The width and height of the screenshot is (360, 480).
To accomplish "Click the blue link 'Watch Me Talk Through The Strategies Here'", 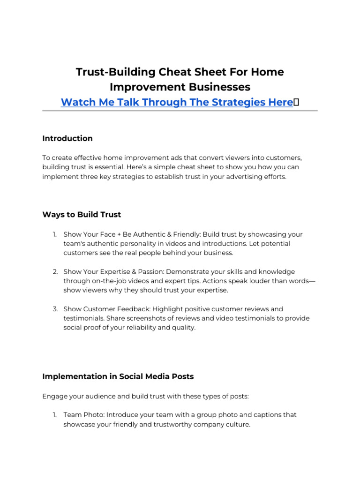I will coord(177,102).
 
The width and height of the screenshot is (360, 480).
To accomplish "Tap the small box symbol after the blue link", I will coord(296,102).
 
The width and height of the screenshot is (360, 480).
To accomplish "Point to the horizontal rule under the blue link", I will coord(180,111).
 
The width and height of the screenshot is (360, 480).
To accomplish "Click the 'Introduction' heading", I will coord(67,138).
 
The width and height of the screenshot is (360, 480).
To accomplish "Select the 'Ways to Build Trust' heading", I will coord(82,214).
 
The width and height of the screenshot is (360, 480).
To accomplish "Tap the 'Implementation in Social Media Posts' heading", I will coord(118,376).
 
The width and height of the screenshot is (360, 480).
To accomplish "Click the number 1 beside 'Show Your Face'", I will coord(54,234).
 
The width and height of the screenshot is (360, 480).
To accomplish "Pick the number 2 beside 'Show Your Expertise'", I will coord(54,272).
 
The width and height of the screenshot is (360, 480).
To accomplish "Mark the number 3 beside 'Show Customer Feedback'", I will coord(54,309).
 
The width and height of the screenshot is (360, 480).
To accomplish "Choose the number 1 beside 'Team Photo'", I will coord(54,415).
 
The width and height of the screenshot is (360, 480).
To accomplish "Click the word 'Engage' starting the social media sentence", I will coord(54,396).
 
